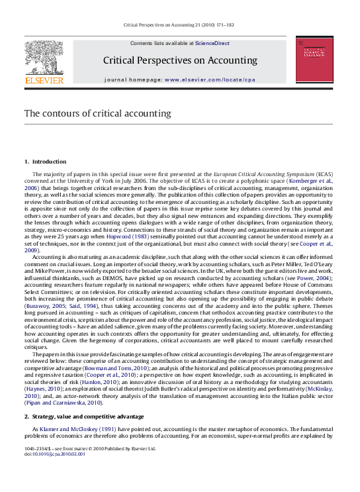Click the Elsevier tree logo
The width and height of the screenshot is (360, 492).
click(44, 58)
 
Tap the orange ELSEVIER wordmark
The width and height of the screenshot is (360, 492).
click(44, 80)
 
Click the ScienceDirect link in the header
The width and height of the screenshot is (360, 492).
click(212, 43)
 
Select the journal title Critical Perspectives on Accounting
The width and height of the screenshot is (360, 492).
click(179, 60)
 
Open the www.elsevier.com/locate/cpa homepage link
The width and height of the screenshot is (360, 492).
click(209, 79)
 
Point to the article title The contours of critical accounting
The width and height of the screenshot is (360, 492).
click(98, 113)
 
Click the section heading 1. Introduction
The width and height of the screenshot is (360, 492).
click(45, 162)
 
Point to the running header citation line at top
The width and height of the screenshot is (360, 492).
click(179, 26)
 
